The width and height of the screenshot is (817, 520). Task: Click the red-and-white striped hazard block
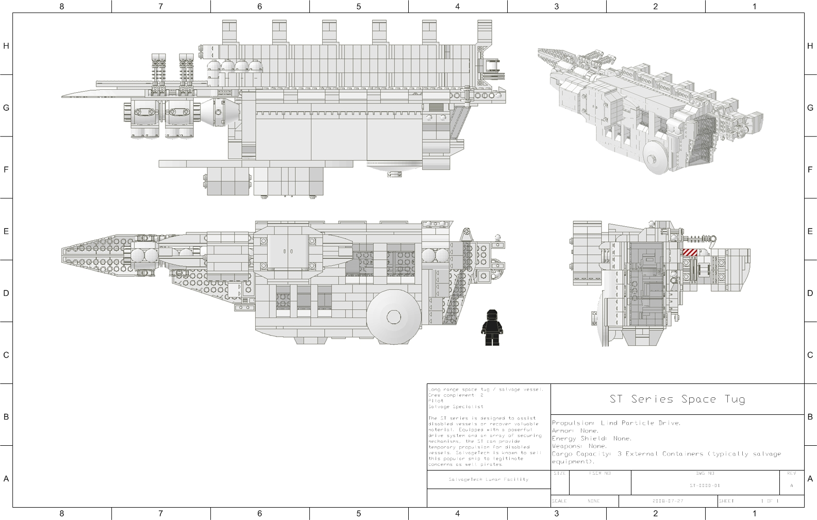pos(689,252)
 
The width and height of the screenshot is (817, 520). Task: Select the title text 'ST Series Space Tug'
pos(677,399)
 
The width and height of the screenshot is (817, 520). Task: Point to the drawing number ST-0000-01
pos(705,485)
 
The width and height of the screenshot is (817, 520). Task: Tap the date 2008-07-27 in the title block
pos(668,501)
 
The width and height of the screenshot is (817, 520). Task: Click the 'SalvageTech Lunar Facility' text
pos(488,480)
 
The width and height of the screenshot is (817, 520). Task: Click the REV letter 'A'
pos(791,485)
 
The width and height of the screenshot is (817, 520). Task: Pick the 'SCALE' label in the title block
pos(559,501)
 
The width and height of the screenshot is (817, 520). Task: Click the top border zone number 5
pos(359,7)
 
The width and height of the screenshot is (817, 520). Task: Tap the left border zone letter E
pos(6,231)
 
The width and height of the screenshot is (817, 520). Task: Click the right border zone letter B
pos(810,417)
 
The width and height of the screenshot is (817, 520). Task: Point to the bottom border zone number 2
pos(655,513)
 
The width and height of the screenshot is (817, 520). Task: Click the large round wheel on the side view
pos(394,316)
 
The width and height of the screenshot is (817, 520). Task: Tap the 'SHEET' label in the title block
pos(726,501)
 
